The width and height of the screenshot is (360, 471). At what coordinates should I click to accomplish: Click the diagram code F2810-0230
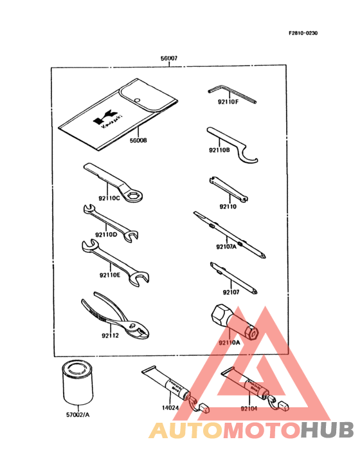(x=301, y=33)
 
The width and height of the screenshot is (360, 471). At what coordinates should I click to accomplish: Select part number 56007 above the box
(x=169, y=59)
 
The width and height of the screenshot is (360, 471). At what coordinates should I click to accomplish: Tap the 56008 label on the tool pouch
(x=138, y=140)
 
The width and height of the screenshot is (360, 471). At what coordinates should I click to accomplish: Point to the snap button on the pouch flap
(x=139, y=98)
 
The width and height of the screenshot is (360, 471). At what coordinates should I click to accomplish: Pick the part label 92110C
(x=109, y=198)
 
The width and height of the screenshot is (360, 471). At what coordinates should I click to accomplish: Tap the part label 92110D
(x=107, y=234)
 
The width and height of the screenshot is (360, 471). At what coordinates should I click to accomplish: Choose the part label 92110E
(x=110, y=275)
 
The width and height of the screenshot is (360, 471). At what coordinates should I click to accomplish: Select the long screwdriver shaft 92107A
(x=228, y=232)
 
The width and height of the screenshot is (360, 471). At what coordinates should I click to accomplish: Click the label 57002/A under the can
(x=77, y=416)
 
